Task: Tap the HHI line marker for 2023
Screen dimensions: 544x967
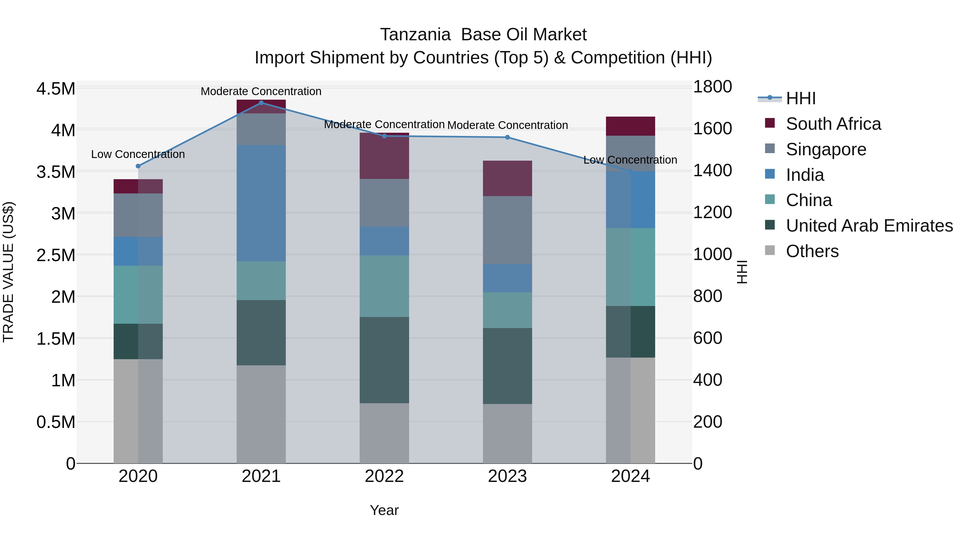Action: pyautogui.click(x=507, y=137)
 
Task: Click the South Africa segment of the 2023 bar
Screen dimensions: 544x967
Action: pyautogui.click(x=507, y=178)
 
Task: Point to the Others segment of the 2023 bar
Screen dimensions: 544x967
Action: pyautogui.click(x=507, y=433)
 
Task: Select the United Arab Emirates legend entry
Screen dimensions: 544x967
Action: pyautogui.click(x=869, y=226)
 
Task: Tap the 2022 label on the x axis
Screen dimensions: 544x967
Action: pyautogui.click(x=384, y=476)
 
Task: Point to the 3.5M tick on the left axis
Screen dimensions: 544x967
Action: pyautogui.click(x=56, y=172)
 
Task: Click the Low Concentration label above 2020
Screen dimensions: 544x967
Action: pyautogui.click(x=138, y=154)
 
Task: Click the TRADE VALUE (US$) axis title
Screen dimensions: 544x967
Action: pyautogui.click(x=8, y=272)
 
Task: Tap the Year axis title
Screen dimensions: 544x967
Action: pyautogui.click(x=384, y=510)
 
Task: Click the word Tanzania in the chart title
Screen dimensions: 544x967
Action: pyautogui.click(x=415, y=35)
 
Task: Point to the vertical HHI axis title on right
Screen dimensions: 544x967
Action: pyautogui.click(x=742, y=272)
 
